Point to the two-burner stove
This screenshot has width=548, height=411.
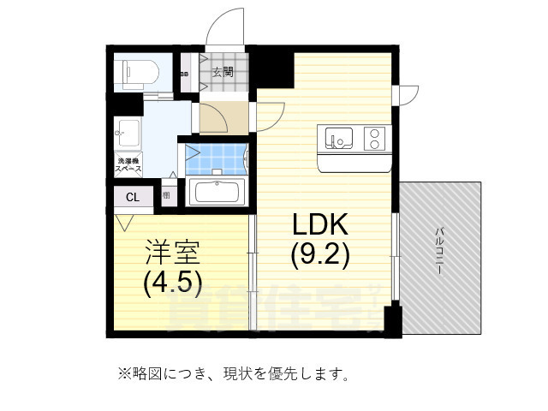pyautogui.click(x=374, y=137)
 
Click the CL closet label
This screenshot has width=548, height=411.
pyautogui.click(x=132, y=198)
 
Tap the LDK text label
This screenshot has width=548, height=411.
pyautogui.click(x=319, y=224)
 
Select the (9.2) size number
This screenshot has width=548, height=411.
pyautogui.click(x=319, y=254)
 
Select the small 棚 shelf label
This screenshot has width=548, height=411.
pyautogui.click(x=165, y=196)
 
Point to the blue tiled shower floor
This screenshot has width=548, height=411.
pyautogui.click(x=213, y=158)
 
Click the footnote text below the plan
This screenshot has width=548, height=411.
pyautogui.click(x=232, y=373)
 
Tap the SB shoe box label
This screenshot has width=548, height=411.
pyautogui.click(x=185, y=74)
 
